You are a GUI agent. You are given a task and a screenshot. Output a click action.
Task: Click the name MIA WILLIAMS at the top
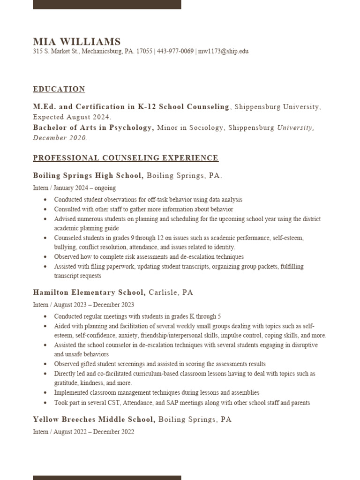point(76,42)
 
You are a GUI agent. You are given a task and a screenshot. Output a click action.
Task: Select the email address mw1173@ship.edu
point(223,52)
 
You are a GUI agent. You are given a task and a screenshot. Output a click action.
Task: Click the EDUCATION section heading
point(59,89)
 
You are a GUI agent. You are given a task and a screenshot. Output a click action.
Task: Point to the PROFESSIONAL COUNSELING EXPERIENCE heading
point(126,158)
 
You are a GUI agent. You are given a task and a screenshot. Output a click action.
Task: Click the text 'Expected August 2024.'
point(72,117)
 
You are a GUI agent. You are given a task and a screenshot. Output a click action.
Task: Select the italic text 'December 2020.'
point(60,138)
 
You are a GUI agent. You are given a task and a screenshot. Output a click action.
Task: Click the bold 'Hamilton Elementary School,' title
point(90,292)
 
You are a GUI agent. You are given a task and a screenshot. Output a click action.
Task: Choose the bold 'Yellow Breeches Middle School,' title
point(94,420)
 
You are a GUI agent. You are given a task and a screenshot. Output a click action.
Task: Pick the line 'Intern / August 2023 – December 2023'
point(83,304)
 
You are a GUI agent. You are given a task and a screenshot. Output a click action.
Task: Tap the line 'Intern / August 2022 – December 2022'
point(83,432)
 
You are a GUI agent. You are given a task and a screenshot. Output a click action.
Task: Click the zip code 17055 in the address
point(144,52)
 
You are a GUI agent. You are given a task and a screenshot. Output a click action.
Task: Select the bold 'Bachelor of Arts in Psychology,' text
point(93,127)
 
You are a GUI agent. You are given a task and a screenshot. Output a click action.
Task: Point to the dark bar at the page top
point(107,4)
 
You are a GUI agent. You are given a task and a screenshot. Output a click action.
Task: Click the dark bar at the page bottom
point(107,477)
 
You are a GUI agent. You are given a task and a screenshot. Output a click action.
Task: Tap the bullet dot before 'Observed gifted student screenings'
point(45,364)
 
